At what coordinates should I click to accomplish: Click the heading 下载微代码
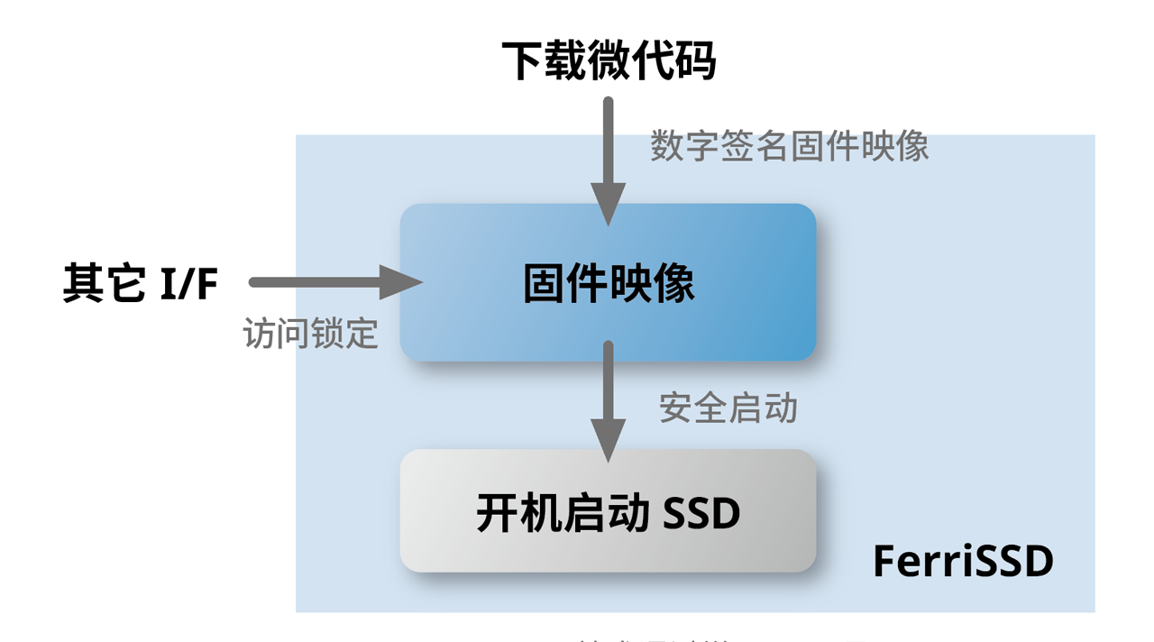coord(609,61)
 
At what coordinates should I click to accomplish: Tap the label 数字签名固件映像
coord(789,146)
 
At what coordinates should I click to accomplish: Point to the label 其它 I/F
coord(141,283)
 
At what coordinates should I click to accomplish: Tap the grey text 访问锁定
coord(310,334)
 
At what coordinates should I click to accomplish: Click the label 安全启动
coord(728,408)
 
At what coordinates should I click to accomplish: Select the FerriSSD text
coord(963,562)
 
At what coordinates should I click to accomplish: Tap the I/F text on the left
coord(189,283)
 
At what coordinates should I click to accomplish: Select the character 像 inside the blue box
coord(673,283)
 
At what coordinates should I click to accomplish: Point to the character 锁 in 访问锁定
coord(327,334)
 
